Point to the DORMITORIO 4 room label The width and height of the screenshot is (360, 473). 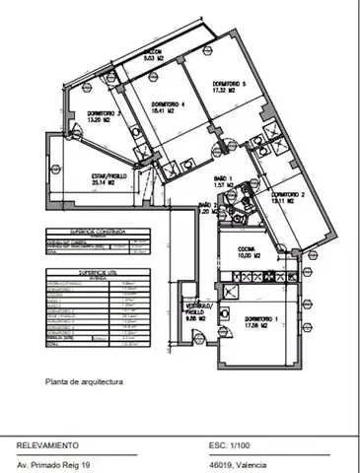point(170,104)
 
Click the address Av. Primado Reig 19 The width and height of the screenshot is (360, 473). point(57,463)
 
